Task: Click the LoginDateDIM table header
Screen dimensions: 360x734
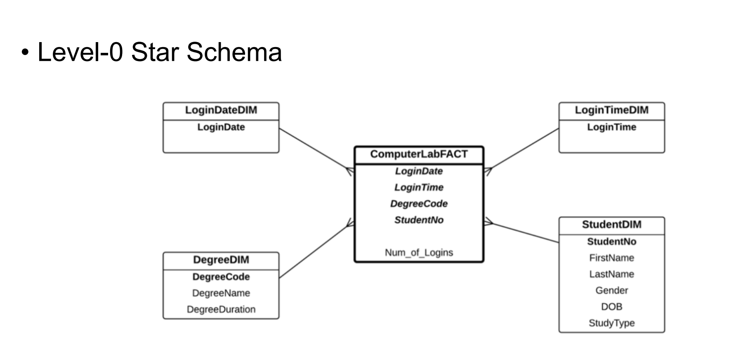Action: coord(221,110)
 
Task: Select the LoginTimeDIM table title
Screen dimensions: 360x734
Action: coord(611,110)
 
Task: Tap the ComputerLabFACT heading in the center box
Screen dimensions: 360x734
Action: coord(419,154)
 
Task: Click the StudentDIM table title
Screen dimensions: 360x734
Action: coord(611,225)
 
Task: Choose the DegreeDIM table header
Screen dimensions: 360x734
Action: coord(221,260)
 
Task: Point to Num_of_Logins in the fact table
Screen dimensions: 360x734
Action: coord(419,252)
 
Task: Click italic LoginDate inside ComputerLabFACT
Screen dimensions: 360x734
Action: coord(419,171)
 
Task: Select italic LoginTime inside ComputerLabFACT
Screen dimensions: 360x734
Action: coord(419,187)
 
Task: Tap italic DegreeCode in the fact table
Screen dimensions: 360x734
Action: coord(419,204)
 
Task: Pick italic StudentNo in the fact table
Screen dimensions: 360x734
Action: coord(419,220)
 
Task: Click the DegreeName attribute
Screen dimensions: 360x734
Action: coord(221,293)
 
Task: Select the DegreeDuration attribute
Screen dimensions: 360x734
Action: coord(221,309)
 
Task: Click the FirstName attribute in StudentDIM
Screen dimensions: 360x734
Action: coord(611,258)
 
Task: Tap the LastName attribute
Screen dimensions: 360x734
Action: coord(611,274)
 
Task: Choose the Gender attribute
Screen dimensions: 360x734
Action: coord(611,291)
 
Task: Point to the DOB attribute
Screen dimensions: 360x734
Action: coord(611,307)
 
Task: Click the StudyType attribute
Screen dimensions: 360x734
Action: coord(611,323)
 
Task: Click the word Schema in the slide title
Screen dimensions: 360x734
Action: coord(234,52)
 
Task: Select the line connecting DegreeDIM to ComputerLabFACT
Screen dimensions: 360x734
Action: coord(316,251)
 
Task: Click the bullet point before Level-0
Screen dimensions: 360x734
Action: coord(26,53)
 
